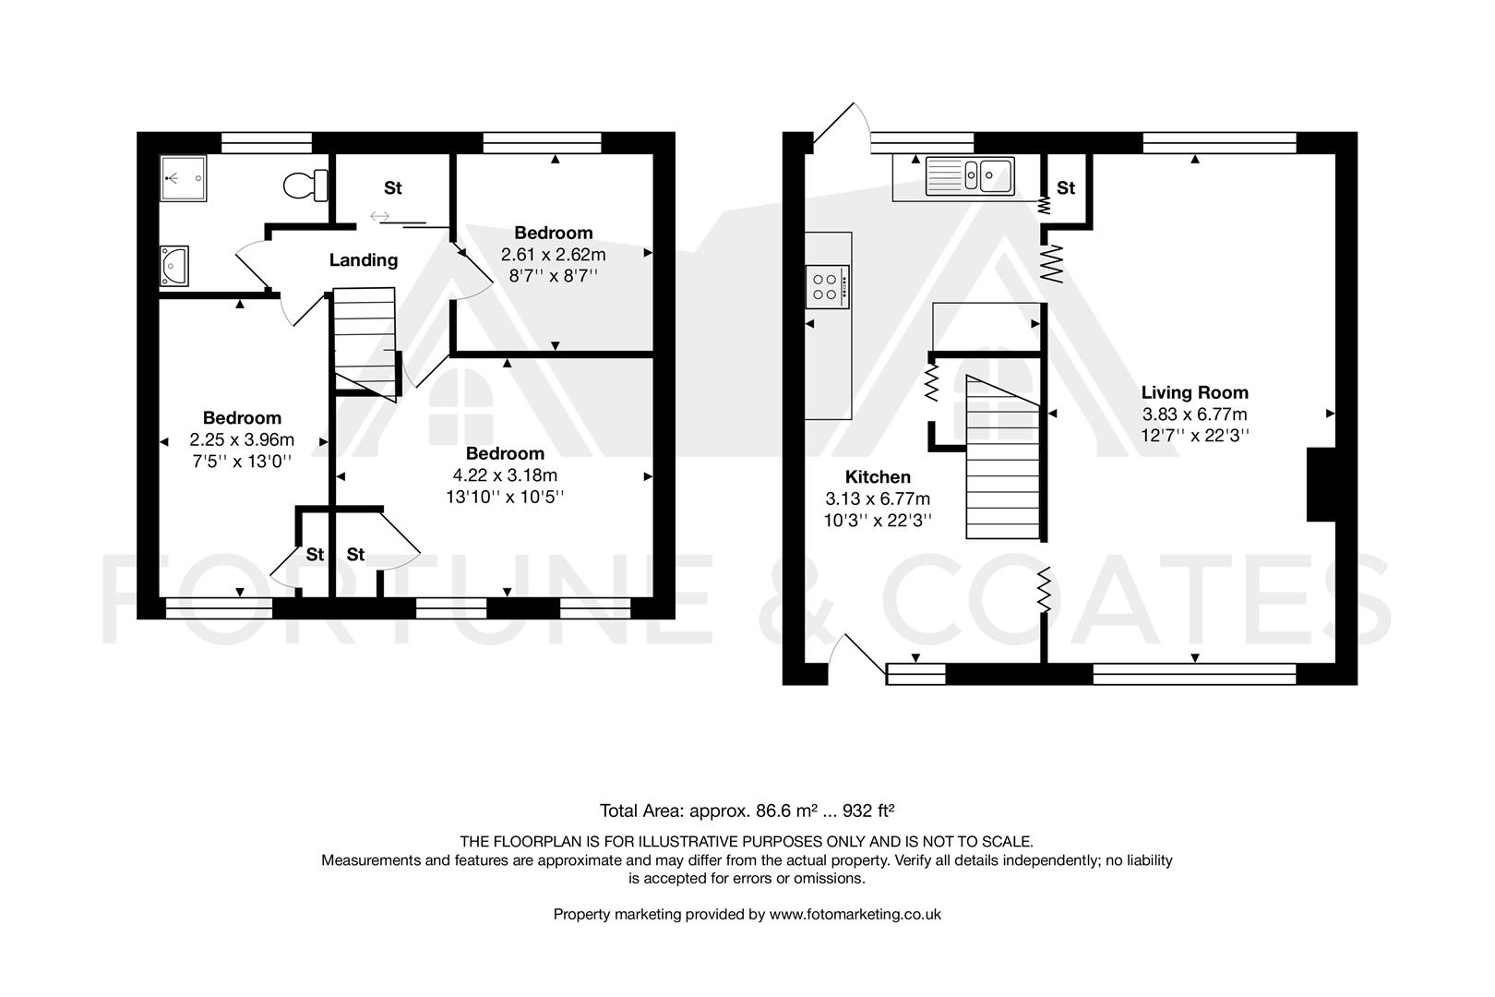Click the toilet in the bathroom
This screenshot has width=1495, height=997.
point(306,185)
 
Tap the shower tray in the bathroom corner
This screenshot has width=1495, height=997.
point(183,177)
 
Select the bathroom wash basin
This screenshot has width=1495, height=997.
point(173,267)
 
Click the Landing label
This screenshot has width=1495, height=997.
point(364,260)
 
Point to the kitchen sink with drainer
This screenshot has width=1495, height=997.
point(970,174)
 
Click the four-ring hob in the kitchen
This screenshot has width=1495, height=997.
point(827,286)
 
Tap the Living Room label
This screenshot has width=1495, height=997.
point(1194,392)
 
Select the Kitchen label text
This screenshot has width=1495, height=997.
point(878,477)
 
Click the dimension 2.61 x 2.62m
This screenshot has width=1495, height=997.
point(553,254)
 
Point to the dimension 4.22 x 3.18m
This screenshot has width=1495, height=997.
point(505,475)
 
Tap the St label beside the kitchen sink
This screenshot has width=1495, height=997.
point(1066,188)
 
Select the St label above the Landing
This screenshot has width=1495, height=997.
point(393,188)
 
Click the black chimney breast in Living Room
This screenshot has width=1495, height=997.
point(1322,486)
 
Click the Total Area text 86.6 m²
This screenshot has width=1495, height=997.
point(747,811)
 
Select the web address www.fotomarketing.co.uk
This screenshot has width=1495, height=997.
point(855,914)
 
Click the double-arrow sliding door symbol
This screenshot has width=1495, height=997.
point(379,217)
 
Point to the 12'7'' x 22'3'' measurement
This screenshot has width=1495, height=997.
point(1194,436)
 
